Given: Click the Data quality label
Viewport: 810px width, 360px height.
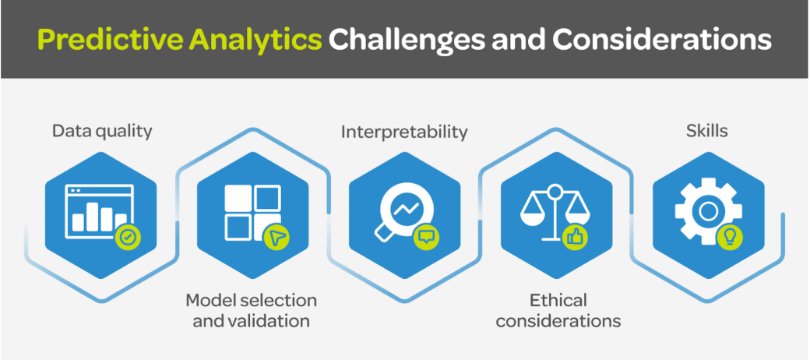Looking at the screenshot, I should tap(102, 131).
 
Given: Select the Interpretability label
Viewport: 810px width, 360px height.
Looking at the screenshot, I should tap(404, 132).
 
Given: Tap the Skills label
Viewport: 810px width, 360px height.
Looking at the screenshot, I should tap(707, 131).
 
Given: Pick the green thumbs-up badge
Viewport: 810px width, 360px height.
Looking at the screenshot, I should tap(576, 237).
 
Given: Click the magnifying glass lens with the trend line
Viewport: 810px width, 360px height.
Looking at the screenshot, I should tap(405, 207).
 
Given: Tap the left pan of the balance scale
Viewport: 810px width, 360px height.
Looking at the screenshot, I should tap(532, 215).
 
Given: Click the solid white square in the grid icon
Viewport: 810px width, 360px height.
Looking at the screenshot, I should tap(239, 198).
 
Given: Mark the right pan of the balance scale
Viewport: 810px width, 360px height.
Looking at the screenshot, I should tap(579, 215).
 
